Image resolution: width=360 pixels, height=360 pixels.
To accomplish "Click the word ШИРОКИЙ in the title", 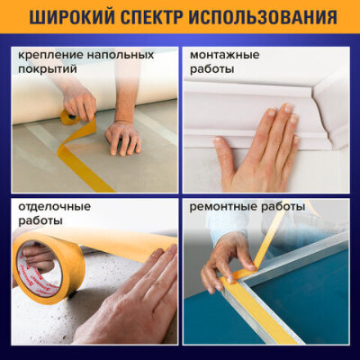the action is (71, 17).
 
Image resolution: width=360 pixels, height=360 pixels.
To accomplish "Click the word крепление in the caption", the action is (50, 56).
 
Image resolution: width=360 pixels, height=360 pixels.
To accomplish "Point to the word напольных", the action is (121, 56).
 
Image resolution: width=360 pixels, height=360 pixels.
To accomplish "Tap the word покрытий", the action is (48, 69).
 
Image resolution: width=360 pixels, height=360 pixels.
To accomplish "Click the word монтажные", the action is (225, 55).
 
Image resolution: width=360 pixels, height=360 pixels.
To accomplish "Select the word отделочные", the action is (54, 207).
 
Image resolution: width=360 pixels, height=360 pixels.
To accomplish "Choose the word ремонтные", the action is (222, 207).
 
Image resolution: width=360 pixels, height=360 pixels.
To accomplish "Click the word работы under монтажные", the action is (212, 69).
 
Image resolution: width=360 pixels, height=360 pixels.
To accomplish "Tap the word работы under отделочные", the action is (40, 221).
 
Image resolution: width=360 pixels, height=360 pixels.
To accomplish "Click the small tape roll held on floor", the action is (69, 117).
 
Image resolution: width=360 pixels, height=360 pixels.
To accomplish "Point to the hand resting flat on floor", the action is (123, 139).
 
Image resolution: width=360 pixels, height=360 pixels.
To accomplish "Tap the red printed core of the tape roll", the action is (45, 270).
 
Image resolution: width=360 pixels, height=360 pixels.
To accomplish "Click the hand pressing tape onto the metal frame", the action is (228, 261).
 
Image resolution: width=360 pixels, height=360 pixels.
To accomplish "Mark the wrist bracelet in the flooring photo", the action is (123, 122).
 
